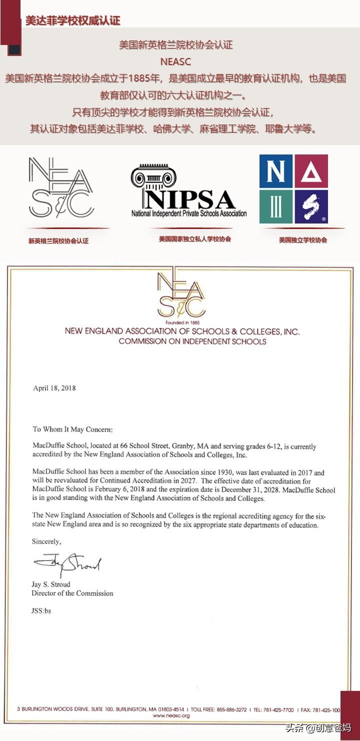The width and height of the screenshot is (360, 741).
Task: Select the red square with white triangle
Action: coord(311,171)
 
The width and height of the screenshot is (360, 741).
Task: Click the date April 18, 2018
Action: coord(54,388)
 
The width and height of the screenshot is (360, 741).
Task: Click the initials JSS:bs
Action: coord(41,610)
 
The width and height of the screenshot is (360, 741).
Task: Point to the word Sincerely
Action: coord(47,541)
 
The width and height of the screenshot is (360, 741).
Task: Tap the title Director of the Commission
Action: coord(72,593)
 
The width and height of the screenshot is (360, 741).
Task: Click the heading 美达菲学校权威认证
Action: coord(73,20)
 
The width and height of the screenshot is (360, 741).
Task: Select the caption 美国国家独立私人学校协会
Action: coord(195,239)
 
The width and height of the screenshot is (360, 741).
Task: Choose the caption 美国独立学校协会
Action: coord(303,240)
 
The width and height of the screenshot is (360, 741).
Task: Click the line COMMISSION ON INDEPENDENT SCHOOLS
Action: coord(192,341)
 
